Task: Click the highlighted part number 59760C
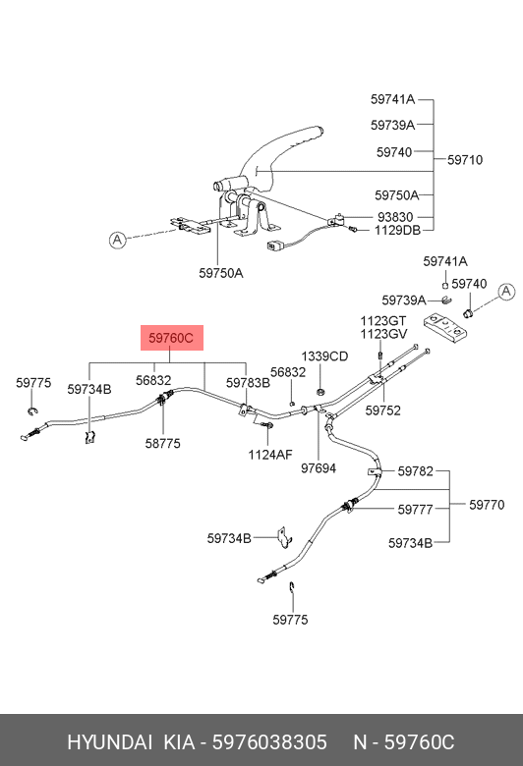click(171, 338)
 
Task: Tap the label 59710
click(465, 160)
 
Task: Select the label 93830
click(395, 217)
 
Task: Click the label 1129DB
click(397, 230)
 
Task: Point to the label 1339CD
click(324, 356)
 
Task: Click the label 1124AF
click(270, 455)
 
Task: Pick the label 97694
click(319, 468)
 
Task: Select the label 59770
click(487, 505)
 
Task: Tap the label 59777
click(416, 510)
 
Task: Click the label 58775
click(163, 443)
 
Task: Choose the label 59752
click(383, 410)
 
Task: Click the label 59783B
click(248, 383)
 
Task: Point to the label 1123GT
click(383, 321)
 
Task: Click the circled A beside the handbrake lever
click(117, 240)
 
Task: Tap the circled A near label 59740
click(506, 292)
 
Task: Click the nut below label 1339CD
click(320, 391)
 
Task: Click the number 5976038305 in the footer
click(269, 742)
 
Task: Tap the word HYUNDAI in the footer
click(109, 742)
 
